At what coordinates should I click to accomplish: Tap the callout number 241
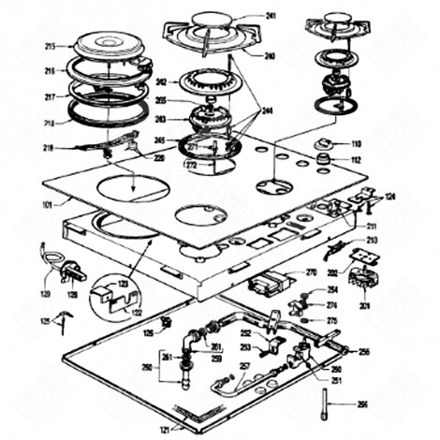(271, 16)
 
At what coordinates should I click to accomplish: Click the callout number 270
(312, 272)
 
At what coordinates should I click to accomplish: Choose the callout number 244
(271, 110)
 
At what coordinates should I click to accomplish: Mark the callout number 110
(356, 143)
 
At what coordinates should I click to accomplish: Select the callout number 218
(49, 124)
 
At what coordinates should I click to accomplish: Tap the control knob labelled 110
(325, 144)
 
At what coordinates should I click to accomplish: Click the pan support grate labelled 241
(212, 33)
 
